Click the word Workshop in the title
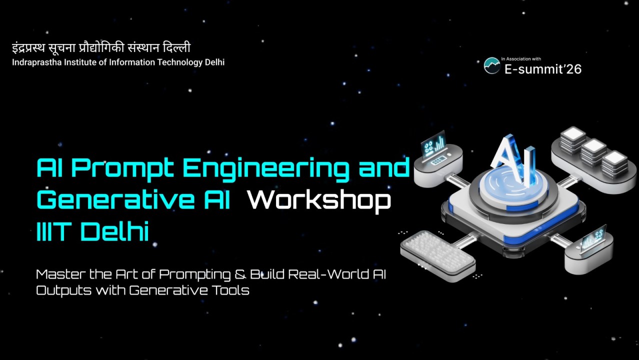[x=319, y=200]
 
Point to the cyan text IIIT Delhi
[x=93, y=232]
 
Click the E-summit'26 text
[x=542, y=69]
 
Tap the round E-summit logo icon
[x=492, y=65]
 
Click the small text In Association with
[x=521, y=59]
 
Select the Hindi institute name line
[x=101, y=48]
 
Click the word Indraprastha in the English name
[x=34, y=62]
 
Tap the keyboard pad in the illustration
[x=436, y=252]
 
